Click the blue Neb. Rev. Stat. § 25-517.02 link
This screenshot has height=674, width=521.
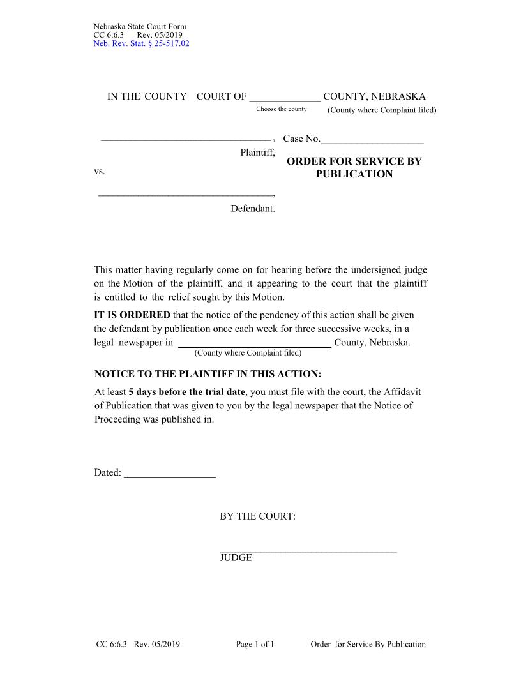click(141, 43)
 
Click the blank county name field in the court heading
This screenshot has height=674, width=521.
click(285, 97)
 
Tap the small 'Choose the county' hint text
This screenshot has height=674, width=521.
click(281, 109)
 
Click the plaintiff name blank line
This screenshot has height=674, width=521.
click(185, 139)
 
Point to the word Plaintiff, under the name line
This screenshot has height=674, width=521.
click(257, 153)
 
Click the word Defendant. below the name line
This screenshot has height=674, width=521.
click(253, 209)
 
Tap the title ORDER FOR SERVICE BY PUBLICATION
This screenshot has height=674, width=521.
click(354, 168)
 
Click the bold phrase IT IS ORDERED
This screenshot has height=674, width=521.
click(132, 315)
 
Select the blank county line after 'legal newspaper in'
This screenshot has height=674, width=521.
click(253, 343)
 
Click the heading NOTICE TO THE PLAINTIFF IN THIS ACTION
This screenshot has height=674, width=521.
click(208, 374)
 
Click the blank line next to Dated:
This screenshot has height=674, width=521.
click(170, 473)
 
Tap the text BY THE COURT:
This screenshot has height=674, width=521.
click(257, 516)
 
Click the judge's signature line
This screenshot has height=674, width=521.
click(308, 551)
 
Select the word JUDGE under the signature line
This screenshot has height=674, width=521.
click(236, 558)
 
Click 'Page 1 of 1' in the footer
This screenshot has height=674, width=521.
click(255, 645)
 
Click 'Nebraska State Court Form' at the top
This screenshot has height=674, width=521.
click(140, 26)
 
